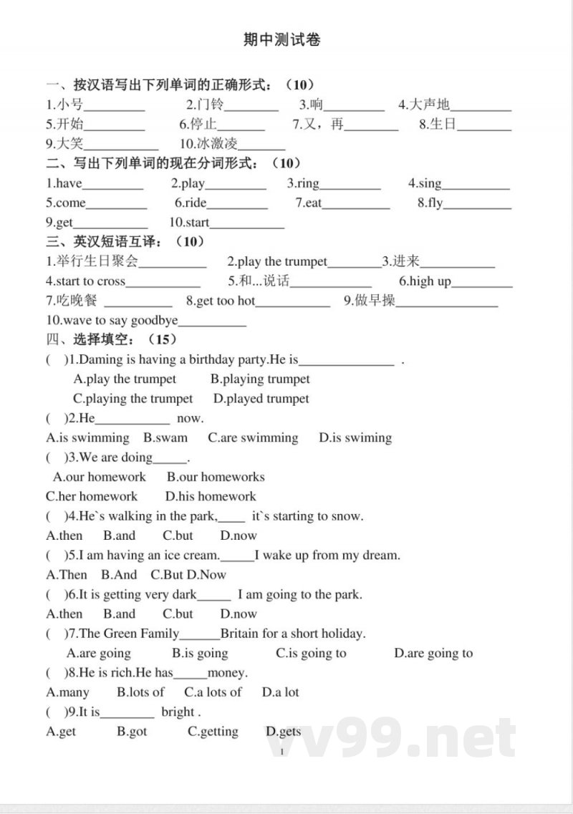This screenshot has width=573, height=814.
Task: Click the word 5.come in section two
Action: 66,203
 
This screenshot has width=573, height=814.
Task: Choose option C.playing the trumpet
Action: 133,398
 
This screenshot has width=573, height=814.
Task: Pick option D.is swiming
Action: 355,437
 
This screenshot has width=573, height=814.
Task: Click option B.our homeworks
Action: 216,477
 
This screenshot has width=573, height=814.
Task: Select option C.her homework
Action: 92,496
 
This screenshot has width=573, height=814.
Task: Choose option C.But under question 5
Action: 166,574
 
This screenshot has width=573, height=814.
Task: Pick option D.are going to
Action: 433,653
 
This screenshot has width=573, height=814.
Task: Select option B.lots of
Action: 140,692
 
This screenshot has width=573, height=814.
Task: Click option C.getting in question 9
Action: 213,732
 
